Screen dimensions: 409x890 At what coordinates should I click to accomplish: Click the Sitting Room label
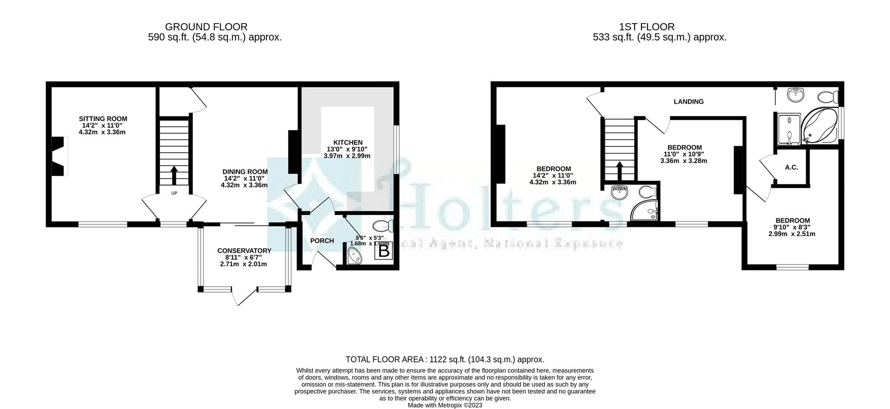[102, 119]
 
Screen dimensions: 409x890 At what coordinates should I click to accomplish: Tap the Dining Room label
[245, 172]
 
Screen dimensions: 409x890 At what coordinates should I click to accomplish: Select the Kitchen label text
[347, 143]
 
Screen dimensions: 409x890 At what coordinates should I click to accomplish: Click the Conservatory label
[244, 251]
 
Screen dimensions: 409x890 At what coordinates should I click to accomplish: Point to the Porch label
[322, 241]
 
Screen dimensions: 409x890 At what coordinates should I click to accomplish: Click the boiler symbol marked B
[384, 251]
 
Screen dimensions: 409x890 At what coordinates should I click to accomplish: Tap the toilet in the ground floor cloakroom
[383, 226]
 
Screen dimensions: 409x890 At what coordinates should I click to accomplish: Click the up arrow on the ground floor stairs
[174, 175]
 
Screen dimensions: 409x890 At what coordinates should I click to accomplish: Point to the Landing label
[688, 101]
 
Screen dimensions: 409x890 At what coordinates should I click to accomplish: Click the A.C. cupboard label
[791, 167]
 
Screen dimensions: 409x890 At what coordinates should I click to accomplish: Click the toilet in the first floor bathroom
[828, 97]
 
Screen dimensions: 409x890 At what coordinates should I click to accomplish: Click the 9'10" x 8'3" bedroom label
[792, 221]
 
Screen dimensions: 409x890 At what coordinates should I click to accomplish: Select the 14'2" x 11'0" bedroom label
[553, 169]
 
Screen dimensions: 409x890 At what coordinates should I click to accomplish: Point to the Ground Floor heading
[206, 27]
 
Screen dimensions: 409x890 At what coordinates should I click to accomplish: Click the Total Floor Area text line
[445, 359]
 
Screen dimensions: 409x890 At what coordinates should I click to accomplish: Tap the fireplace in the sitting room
[58, 156]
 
